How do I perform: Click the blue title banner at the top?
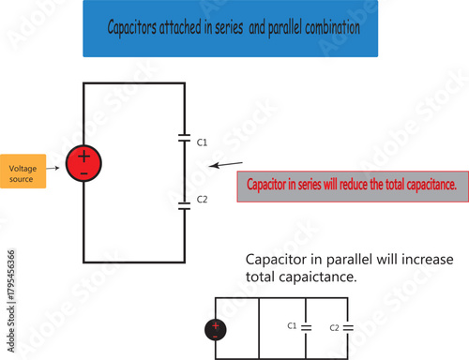pos(230,28)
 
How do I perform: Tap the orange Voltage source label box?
pos(23,170)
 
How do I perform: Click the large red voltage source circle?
pos(84,163)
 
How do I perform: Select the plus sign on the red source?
pos(84,156)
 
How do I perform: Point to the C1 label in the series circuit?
pos(202,142)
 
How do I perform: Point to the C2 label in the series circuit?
pos(202,200)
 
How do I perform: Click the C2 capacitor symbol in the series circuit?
pos(184,203)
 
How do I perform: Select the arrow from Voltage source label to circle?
pos(56,167)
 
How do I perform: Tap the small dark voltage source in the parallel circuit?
pos(217,328)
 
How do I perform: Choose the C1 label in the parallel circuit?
pos(291,325)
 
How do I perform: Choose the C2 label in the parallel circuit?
pos(334,327)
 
